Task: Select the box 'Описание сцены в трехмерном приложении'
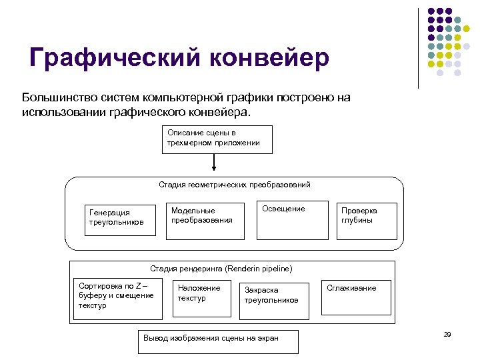tap(217, 139)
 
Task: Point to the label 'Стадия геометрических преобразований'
tap(234, 185)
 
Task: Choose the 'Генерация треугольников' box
tap(117, 217)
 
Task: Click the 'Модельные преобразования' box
tap(203, 219)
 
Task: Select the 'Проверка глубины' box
tap(366, 220)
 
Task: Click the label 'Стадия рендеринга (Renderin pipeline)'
tap(221, 268)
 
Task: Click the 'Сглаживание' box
tap(351, 297)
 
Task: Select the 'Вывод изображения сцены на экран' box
tap(217, 341)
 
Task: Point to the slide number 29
tap(447, 334)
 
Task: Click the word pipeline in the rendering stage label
tap(277, 268)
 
